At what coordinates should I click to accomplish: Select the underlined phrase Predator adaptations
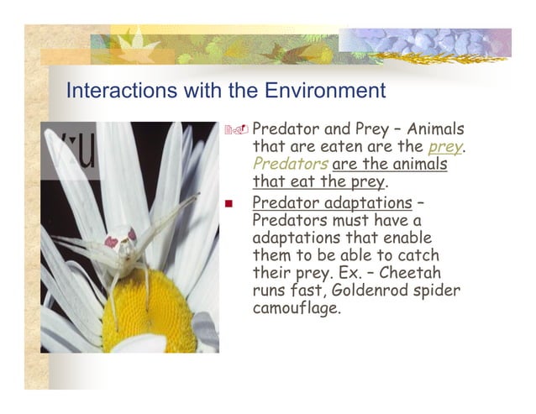click(x=331, y=202)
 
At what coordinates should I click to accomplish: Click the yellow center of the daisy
click(x=147, y=311)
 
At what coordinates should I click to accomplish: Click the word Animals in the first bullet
click(x=435, y=130)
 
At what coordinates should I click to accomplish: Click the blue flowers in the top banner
click(x=437, y=41)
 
